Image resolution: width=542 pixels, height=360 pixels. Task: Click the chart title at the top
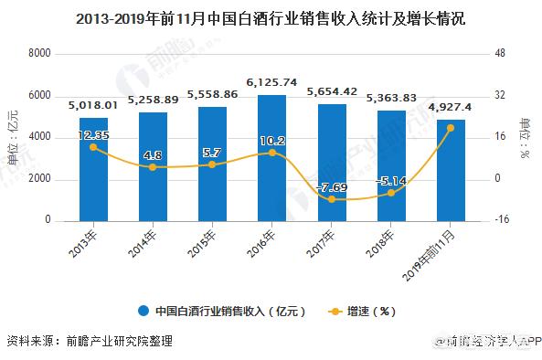[x=271, y=17]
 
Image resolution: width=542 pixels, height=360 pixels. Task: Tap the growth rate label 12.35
[x=92, y=135]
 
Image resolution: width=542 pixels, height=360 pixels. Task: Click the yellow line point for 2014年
[x=152, y=167]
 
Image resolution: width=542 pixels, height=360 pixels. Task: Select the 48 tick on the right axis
[x=500, y=54]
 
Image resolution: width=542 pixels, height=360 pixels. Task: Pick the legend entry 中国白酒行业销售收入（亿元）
[x=222, y=310]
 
